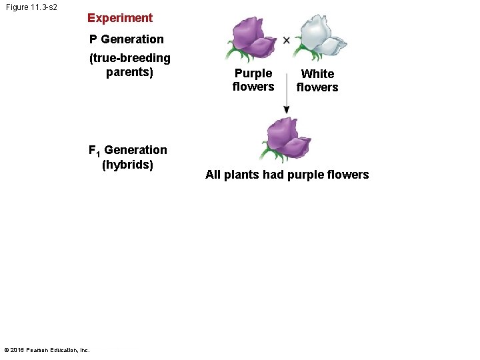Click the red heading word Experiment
pyautogui.click(x=120, y=18)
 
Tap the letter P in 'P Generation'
pyautogui.click(x=94, y=39)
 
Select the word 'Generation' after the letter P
pyautogui.click(x=132, y=39)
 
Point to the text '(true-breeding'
pyautogui.click(x=130, y=58)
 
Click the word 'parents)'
pyautogui.click(x=130, y=72)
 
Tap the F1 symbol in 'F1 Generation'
pyautogui.click(x=94, y=151)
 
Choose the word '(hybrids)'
pyautogui.click(x=127, y=165)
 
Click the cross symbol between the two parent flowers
pyautogui.click(x=286, y=40)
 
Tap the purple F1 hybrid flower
pyautogui.click(x=287, y=139)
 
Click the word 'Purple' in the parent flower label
pyautogui.click(x=253, y=73)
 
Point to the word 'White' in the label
pyautogui.click(x=317, y=74)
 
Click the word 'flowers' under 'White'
pyautogui.click(x=317, y=87)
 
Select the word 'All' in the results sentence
pyautogui.click(x=213, y=175)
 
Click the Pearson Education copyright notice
pyautogui.click(x=47, y=349)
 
